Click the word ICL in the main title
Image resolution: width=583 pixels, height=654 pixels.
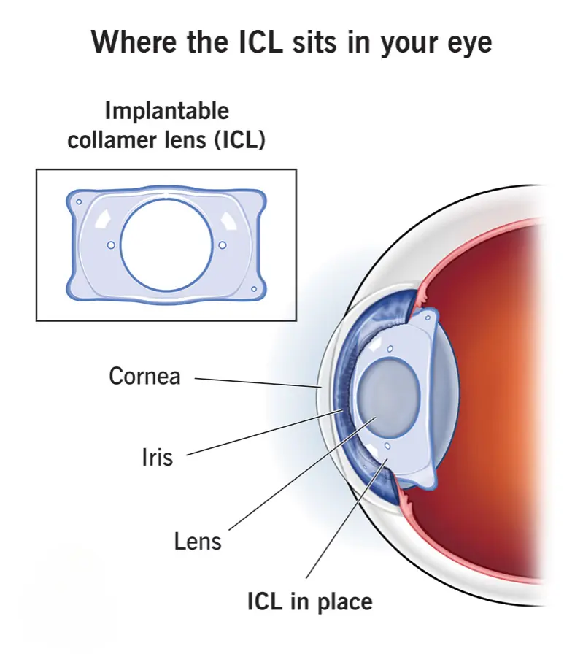point(260,42)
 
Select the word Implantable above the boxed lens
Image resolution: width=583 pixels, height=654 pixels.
point(167,112)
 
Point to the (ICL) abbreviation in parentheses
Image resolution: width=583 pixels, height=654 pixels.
point(240,140)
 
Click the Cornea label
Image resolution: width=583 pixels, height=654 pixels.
point(144,376)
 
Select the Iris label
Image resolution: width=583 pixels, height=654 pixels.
point(157,457)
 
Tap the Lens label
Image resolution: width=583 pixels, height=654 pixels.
point(198,542)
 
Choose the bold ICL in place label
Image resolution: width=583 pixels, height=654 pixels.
point(310,601)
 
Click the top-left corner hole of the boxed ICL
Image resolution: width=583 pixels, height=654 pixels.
point(79,202)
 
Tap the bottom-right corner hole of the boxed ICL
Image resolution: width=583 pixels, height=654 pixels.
point(253,289)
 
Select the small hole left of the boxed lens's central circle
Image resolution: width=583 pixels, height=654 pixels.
point(111,245)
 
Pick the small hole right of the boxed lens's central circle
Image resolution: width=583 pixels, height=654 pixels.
point(223,245)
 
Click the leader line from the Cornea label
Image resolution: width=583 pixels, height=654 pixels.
point(258,383)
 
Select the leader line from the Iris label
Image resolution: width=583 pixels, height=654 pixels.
point(265,432)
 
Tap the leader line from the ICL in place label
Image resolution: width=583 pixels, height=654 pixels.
point(347,518)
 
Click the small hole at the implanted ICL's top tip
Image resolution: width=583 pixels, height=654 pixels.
point(428,318)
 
